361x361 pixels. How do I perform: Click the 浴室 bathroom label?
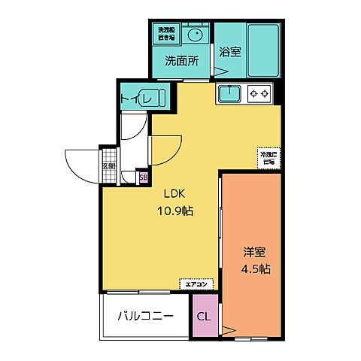pyautogui.click(x=229, y=52)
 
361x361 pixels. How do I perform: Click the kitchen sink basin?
pyautogui.click(x=229, y=93)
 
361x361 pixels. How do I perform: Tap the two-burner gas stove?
pyautogui.click(x=259, y=94)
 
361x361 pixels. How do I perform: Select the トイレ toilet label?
pyautogui.click(x=135, y=97)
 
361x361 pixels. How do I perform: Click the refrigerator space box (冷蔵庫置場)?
pyautogui.click(x=267, y=156)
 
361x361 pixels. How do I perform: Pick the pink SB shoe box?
pyautogui.click(x=143, y=177)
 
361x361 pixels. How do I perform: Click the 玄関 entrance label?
pyautogui.click(x=109, y=166)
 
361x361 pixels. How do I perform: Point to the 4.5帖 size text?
pyautogui.click(x=256, y=268)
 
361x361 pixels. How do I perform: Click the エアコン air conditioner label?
pyautogui.click(x=197, y=284)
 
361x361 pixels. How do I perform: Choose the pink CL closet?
pyautogui.click(x=203, y=316)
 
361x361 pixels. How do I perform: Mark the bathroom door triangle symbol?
pyautogui.click(x=221, y=71)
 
